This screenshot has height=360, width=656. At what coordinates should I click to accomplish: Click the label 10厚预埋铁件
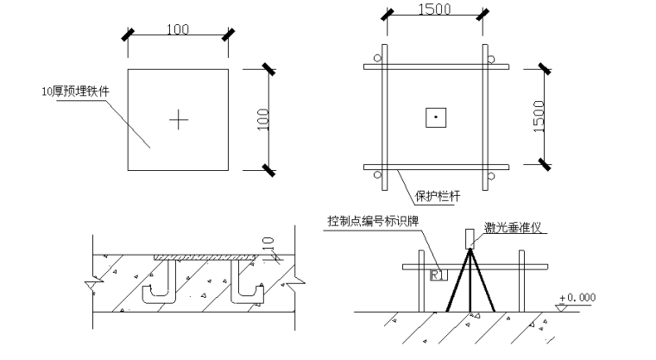point(75,92)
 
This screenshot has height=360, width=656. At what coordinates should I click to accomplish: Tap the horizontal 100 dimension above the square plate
point(178,29)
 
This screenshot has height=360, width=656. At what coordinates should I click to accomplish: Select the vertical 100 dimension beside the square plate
point(262,120)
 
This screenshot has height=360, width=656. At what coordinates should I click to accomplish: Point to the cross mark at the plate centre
point(179,120)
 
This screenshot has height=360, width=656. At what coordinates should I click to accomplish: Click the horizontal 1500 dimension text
point(435,9)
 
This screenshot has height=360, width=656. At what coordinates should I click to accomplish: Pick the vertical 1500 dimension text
point(539,117)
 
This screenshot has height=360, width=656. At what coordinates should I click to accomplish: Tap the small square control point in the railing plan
point(436,117)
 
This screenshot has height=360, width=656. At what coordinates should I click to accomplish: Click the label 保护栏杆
point(438,196)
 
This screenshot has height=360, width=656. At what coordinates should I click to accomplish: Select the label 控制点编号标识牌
point(373,221)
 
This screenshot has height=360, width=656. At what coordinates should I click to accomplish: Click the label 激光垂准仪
point(513,227)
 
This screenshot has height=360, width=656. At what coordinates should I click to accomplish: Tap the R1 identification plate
point(438,275)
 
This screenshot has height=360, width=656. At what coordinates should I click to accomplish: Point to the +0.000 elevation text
point(577,298)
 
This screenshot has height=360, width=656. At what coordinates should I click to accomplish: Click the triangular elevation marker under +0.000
point(561,307)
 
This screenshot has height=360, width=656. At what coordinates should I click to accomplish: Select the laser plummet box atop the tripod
point(470,238)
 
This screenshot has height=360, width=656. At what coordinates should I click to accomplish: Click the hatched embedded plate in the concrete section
point(205,257)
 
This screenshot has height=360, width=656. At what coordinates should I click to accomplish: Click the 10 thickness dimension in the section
point(268,243)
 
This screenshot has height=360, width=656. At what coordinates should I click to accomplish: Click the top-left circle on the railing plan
point(378,58)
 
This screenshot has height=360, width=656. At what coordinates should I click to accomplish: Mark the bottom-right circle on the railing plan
point(491,176)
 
